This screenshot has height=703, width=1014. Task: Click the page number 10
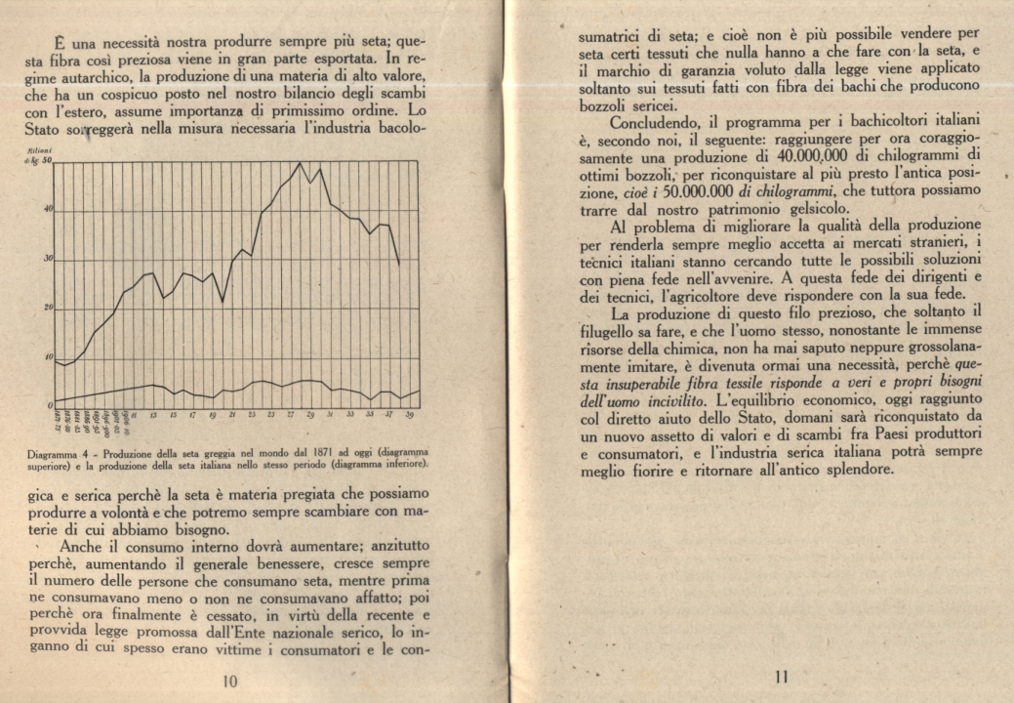[230, 681]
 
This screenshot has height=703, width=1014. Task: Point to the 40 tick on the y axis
[46, 210]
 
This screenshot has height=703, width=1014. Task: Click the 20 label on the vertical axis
[46, 308]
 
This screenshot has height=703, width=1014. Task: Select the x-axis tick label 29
[310, 416]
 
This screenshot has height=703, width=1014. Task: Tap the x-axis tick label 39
[410, 416]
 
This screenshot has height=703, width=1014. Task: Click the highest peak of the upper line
[300, 163]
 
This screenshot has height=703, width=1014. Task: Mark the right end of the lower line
[420, 391]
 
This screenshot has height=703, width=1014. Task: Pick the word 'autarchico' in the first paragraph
[92, 77]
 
